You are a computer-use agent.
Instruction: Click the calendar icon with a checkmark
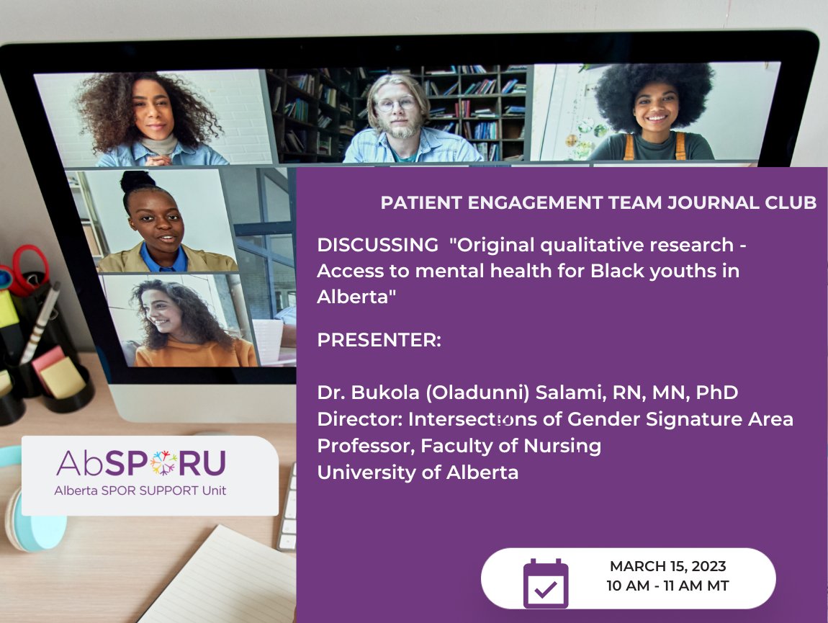click(x=546, y=583)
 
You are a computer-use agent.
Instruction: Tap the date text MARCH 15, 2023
click(x=667, y=567)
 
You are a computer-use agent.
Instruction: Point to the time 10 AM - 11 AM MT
click(x=667, y=586)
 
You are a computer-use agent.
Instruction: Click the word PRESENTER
click(x=377, y=340)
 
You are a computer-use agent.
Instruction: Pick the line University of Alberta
click(x=418, y=472)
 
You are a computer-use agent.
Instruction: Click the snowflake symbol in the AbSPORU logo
click(x=162, y=464)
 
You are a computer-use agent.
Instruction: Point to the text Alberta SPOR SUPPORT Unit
click(x=140, y=490)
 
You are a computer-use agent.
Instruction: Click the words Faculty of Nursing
click(x=510, y=447)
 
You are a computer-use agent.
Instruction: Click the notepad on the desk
click(x=216, y=576)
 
